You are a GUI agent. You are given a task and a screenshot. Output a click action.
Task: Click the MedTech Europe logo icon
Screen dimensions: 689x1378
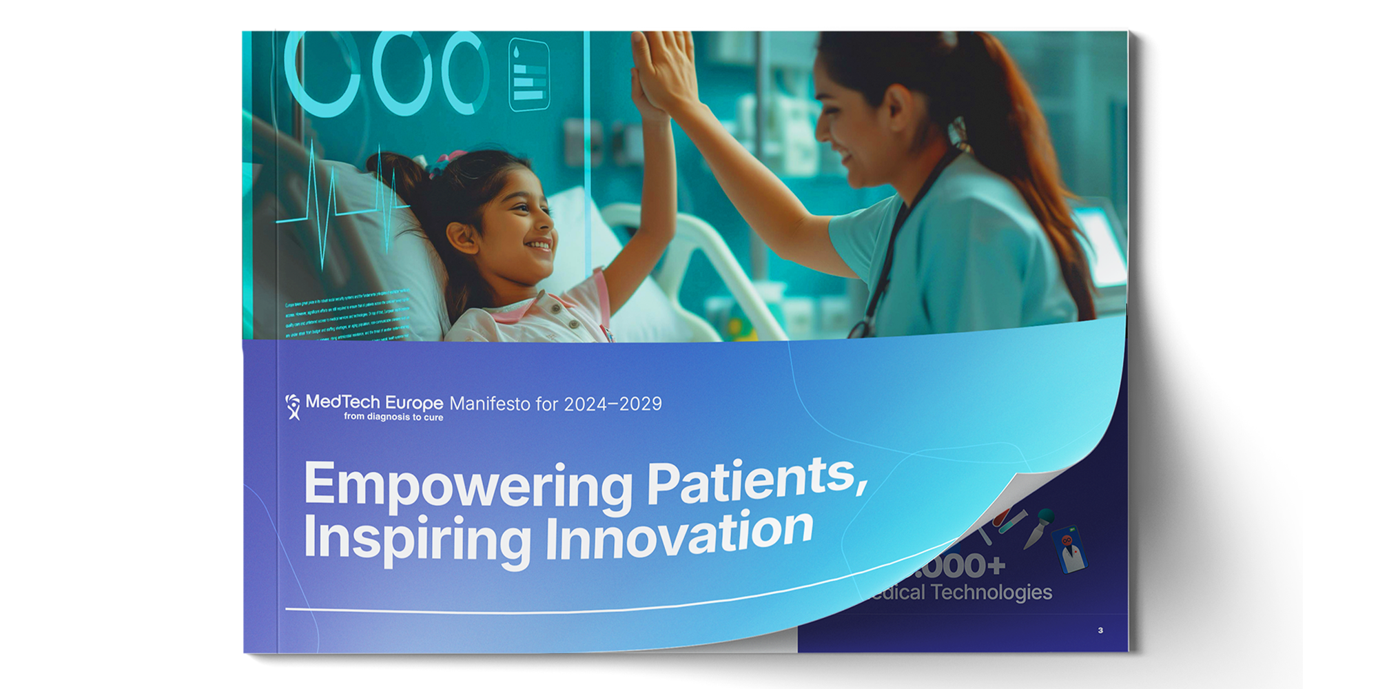(293, 407)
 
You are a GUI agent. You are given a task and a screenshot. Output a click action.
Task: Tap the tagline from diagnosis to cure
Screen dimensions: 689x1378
(393, 417)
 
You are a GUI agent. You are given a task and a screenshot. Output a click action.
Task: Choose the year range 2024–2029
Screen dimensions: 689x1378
(613, 404)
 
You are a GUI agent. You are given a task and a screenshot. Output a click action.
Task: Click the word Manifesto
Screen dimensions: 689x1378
(491, 404)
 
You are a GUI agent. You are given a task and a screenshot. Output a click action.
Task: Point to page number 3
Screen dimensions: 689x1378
(1100, 630)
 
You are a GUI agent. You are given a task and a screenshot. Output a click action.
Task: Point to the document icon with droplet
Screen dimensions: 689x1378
(528, 74)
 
